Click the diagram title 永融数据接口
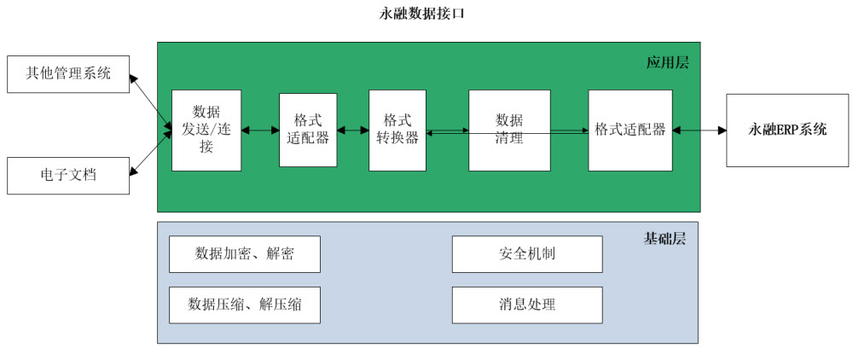423,14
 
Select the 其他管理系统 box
68,73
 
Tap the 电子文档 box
68,175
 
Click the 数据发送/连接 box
206,130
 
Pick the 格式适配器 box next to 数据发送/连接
308,130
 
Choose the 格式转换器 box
397,130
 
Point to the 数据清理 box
509,130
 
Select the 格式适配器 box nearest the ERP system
630,130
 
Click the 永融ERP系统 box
787,130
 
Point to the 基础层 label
664,239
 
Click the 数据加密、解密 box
245,254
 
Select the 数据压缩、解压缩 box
245,305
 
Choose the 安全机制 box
527,254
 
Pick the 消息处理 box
527,305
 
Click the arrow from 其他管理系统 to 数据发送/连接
151,102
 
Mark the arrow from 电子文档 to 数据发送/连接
151,153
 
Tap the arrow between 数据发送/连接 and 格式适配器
260,131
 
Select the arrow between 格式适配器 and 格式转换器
353,131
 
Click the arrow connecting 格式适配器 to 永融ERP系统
699,131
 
